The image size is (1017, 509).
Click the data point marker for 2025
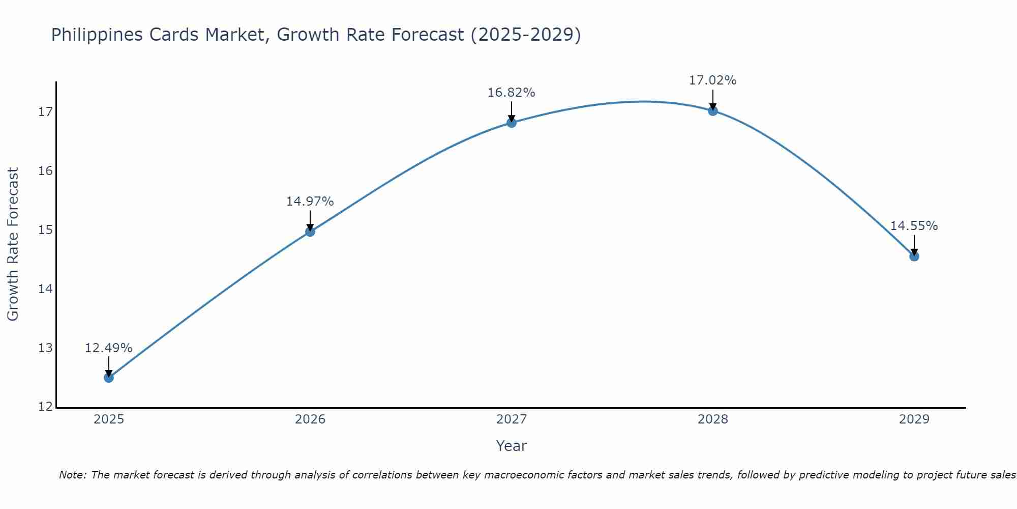(109, 378)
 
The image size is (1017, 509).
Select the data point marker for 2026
(310, 232)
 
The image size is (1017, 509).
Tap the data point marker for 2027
(512, 123)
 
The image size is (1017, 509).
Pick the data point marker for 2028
(713, 110)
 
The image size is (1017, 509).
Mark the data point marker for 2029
(914, 257)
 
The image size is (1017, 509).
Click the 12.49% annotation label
(108, 348)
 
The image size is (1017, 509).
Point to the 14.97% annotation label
(310, 202)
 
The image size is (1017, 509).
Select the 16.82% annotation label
(511, 93)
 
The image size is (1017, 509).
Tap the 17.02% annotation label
(712, 80)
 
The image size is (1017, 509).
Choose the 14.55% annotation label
(914, 226)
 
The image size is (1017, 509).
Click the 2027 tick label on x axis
(512, 419)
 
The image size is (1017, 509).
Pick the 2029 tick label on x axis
(914, 419)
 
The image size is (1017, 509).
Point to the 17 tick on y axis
(45, 112)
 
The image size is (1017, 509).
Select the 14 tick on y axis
(45, 289)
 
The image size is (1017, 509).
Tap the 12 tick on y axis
(45, 407)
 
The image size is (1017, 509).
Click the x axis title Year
(511, 446)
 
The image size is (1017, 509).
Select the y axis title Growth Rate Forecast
(13, 244)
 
